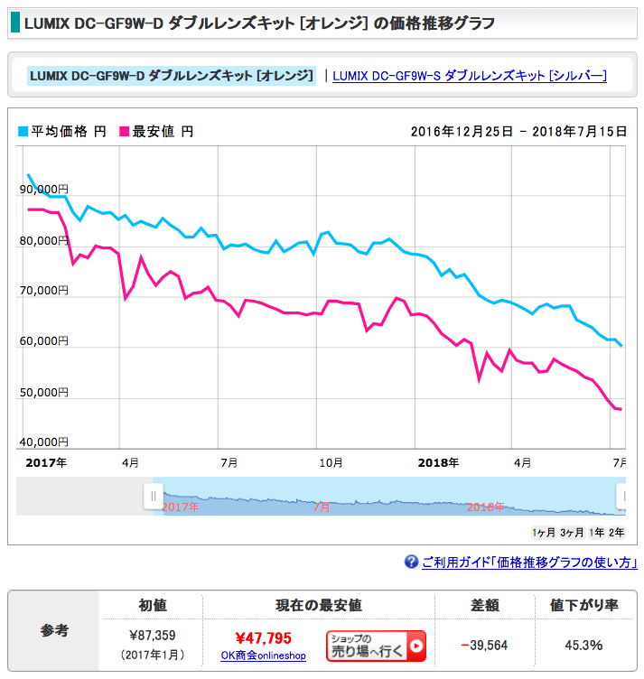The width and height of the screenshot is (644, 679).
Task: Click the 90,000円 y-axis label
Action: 43,190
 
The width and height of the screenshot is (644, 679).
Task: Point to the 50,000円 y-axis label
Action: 43,393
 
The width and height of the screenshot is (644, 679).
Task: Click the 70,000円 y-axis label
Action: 43,291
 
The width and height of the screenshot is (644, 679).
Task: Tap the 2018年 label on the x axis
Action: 439,462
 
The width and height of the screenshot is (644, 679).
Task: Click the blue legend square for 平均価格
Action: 23,132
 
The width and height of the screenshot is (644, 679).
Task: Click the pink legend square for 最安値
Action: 125,132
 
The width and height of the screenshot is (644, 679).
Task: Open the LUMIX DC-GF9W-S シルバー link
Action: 469,76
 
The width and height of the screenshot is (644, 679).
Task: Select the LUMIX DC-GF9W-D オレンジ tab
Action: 172,76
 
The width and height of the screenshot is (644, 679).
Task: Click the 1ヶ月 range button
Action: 544,532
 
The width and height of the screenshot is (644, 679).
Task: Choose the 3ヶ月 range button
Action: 572,532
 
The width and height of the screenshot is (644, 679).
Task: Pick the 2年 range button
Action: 617,532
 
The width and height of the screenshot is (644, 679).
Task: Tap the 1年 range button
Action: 596,532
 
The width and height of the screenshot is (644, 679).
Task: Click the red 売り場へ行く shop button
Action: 376,646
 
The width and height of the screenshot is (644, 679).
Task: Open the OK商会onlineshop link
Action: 263,656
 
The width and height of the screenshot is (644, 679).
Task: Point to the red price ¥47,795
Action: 263,638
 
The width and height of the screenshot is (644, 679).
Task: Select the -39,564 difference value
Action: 484,645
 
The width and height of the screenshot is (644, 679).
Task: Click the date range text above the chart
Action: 518,132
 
